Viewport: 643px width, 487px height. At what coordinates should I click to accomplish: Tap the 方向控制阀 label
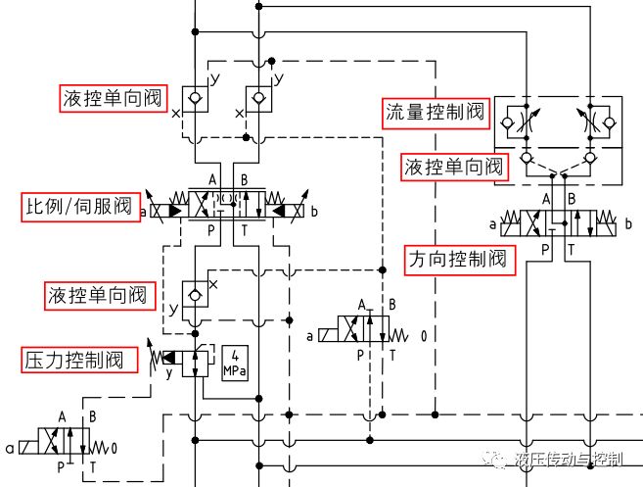coord(458,261)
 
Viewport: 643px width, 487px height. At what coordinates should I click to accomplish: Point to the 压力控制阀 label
coord(73,360)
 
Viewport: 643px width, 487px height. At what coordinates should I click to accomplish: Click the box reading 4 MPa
coord(236,363)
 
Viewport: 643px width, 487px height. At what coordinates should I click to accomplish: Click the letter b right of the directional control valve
coord(627,225)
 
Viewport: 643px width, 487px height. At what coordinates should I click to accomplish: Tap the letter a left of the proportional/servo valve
coord(144,211)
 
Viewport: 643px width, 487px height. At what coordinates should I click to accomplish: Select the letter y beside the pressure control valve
coord(168,373)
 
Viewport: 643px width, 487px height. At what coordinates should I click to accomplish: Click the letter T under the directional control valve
coord(572,251)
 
